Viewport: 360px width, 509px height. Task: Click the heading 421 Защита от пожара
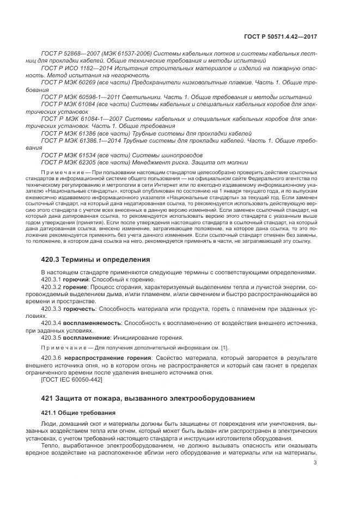(148, 398)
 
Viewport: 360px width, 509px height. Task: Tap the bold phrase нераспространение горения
(106, 357)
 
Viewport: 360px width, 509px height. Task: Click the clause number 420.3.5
(51, 338)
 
